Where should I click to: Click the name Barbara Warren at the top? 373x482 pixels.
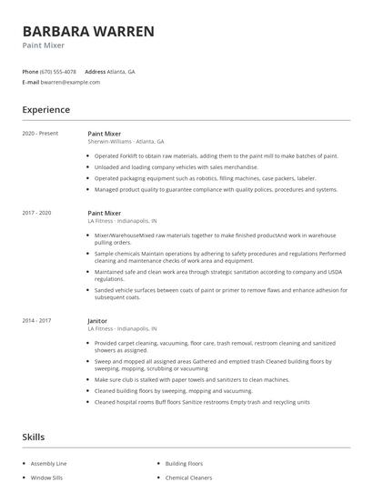tap(88, 31)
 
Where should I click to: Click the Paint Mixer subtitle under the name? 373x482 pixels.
tap(43, 45)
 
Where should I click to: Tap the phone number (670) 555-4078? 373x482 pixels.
tap(58, 71)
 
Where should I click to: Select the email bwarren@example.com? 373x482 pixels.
tap(70, 82)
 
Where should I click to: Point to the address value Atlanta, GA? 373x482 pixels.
tap(121, 71)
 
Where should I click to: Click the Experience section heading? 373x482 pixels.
tap(46, 110)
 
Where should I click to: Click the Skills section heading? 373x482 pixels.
tap(34, 437)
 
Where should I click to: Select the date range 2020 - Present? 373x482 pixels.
tap(40, 134)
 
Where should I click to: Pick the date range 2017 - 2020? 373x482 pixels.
tap(36, 213)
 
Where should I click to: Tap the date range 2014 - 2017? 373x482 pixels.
tap(36, 320)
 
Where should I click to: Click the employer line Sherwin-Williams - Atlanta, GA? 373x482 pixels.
tap(126, 142)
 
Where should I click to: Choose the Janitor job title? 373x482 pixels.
tap(97, 320)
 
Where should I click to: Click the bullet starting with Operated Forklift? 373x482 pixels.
tap(215, 156)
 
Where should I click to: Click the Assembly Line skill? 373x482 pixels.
tap(48, 463)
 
